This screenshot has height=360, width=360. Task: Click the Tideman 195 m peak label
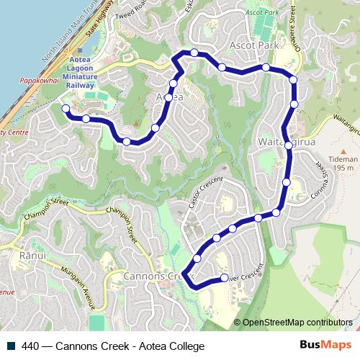point(342,163)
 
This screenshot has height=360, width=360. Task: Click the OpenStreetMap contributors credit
point(297,322)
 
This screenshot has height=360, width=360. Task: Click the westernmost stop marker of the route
point(66,109)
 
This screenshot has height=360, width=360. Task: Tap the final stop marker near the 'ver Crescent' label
point(224,278)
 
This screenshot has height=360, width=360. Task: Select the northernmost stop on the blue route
point(194,52)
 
